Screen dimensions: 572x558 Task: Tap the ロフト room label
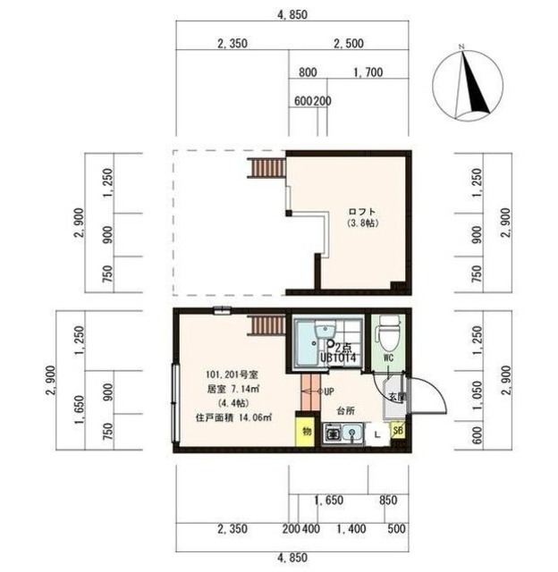click(x=360, y=212)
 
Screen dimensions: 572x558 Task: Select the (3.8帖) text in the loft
click(x=360, y=225)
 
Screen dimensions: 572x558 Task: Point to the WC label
click(x=387, y=358)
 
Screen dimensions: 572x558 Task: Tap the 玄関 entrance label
click(x=396, y=396)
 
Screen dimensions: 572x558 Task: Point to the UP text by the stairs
click(x=328, y=391)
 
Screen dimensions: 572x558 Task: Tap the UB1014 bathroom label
click(x=339, y=357)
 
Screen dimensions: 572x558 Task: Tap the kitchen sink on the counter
click(x=354, y=434)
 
